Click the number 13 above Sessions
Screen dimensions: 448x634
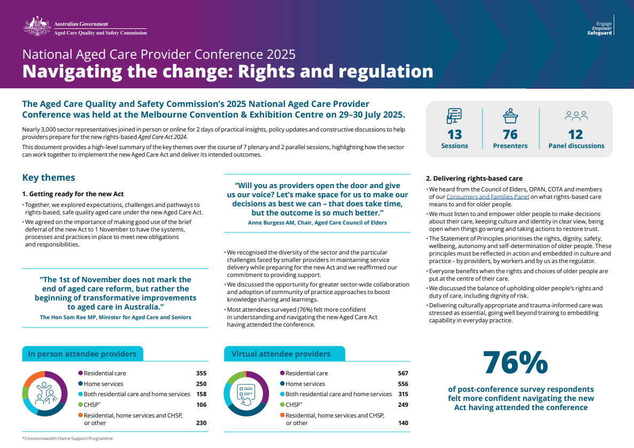[454, 134]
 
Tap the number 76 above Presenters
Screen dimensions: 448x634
[510, 134]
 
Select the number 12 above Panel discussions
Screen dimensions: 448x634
[576, 134]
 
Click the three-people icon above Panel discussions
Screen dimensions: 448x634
[576, 115]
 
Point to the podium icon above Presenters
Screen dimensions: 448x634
[510, 115]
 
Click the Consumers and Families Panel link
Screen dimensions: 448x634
[488, 197]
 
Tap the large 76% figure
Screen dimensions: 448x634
[515, 363]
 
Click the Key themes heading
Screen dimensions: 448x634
[49, 177]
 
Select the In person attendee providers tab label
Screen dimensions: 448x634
[82, 354]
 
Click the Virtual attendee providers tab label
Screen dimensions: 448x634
[281, 354]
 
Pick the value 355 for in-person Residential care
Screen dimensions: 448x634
[201, 373]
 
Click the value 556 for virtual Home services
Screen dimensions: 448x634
[403, 384]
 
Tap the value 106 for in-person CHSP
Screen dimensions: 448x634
[201, 405]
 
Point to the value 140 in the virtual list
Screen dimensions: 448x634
[403, 423]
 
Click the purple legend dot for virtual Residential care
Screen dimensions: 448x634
[282, 373]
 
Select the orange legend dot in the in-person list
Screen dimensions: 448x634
[80, 415]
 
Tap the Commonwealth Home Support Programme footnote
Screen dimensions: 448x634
[67, 438]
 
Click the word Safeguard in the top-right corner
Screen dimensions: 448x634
[600, 33]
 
